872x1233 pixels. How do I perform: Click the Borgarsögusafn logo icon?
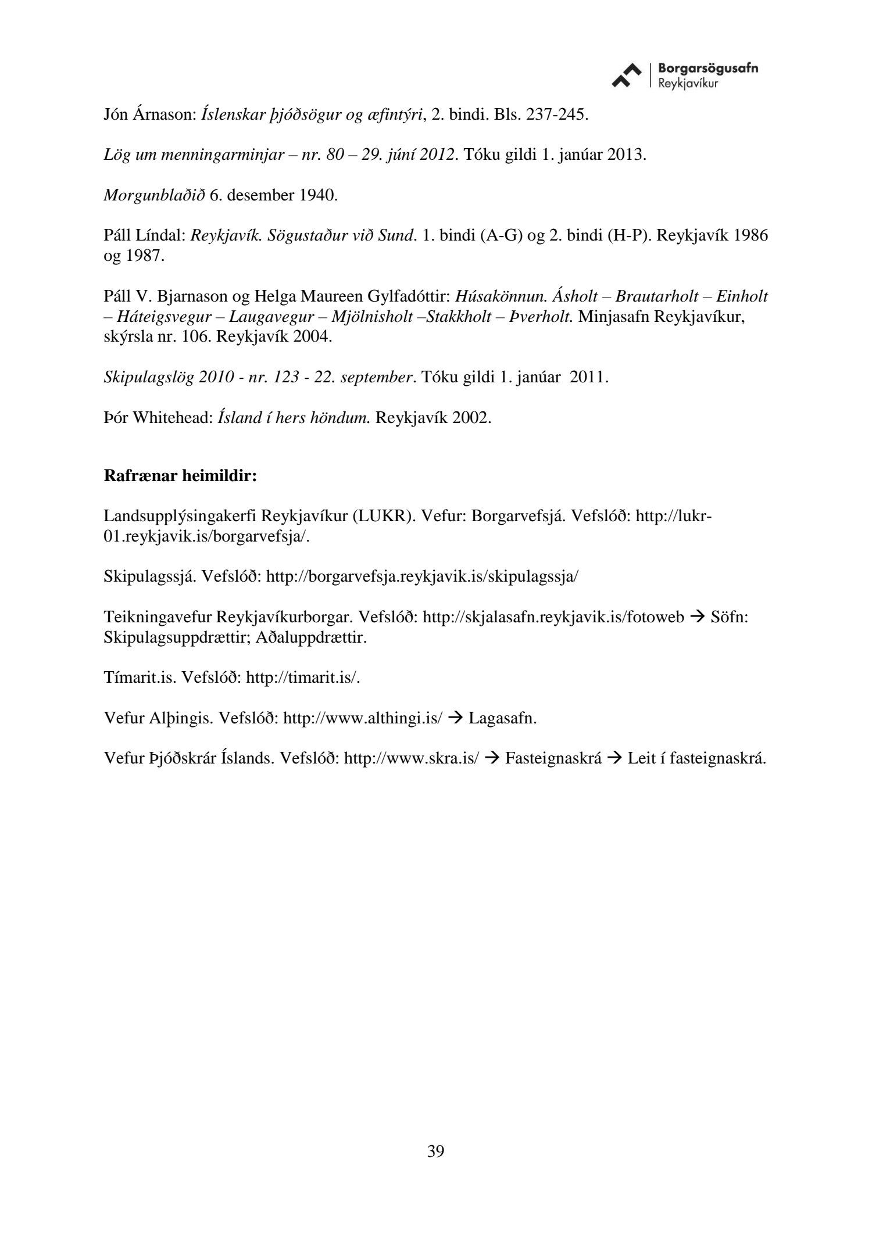627,76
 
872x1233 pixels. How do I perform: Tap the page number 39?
435,1151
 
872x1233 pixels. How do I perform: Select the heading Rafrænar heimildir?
180,476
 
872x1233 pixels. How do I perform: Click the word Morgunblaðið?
154,195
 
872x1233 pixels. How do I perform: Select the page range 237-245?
556,114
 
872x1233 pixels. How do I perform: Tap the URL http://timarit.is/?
303,678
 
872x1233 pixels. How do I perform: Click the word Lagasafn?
502,718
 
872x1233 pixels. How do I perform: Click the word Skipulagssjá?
150,576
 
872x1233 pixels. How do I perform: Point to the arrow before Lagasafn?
456,718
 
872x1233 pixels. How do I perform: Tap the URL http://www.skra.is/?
412,758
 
